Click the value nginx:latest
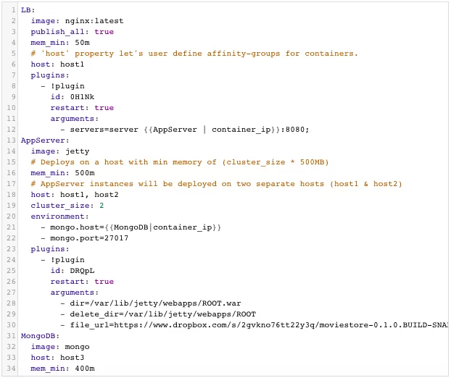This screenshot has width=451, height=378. [94, 21]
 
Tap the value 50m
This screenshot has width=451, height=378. [82, 43]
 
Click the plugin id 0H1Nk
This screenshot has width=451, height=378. [82, 97]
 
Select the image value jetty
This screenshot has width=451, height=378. [78, 151]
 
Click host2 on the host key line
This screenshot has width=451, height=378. [107, 195]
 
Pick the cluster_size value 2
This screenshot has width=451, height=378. [102, 206]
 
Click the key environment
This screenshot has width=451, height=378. [59, 217]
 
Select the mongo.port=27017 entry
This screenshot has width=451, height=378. [89, 238]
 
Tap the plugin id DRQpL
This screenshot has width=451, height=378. [82, 271]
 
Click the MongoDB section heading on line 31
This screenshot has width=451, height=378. [40, 336]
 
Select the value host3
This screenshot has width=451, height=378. [73, 358]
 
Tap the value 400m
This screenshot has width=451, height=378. [85, 369]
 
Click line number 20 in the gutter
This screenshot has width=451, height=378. [11, 217]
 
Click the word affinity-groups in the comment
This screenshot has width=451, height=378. [244, 54]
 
